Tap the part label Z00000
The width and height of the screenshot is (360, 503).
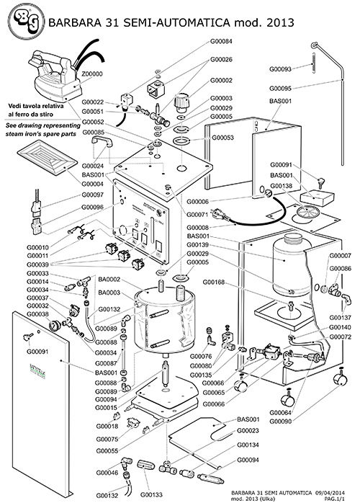click(x=93, y=74)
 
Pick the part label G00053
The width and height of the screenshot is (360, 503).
click(x=221, y=136)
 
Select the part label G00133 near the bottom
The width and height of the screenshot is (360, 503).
click(x=153, y=495)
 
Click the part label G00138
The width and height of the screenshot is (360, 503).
click(x=280, y=185)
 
